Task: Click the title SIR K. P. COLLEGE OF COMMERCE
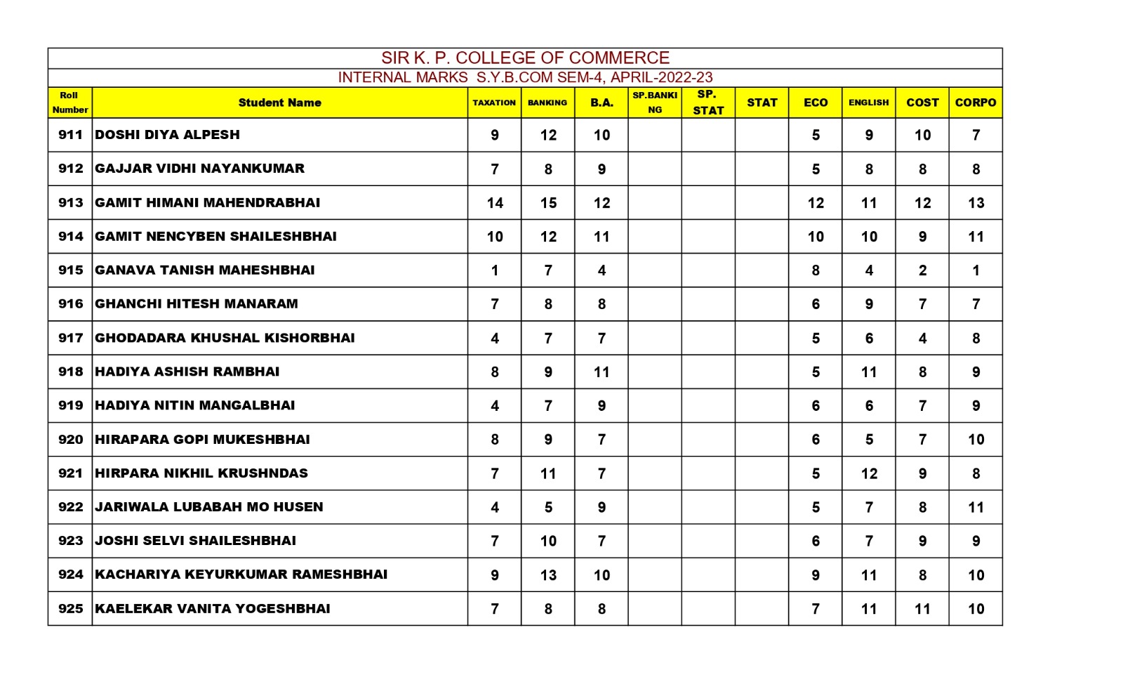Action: pyautogui.click(x=525, y=58)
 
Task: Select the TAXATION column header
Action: pyautogui.click(x=494, y=103)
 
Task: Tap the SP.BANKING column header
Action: pyautogui.click(x=654, y=103)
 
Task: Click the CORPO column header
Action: pyautogui.click(x=975, y=103)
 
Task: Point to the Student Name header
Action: pyautogui.click(x=279, y=103)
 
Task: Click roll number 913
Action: pyautogui.click(x=70, y=203)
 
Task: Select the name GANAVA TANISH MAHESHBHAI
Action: pyautogui.click(x=205, y=270)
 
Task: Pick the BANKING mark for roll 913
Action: pyautogui.click(x=548, y=203)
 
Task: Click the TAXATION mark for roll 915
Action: pyautogui.click(x=495, y=270)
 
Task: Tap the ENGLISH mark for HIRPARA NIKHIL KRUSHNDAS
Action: pyautogui.click(x=869, y=473)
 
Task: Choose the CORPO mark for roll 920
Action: pyautogui.click(x=976, y=440)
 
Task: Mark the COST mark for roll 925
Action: pyautogui.click(x=922, y=609)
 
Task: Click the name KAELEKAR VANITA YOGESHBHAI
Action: pyautogui.click(x=213, y=609)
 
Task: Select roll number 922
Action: pyautogui.click(x=70, y=507)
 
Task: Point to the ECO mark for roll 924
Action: pyautogui.click(x=816, y=575)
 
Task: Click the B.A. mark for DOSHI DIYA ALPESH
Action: pyautogui.click(x=602, y=135)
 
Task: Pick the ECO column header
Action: pyautogui.click(x=816, y=103)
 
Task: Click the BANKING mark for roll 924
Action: pyautogui.click(x=548, y=575)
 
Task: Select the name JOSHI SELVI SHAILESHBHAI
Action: pyautogui.click(x=196, y=541)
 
